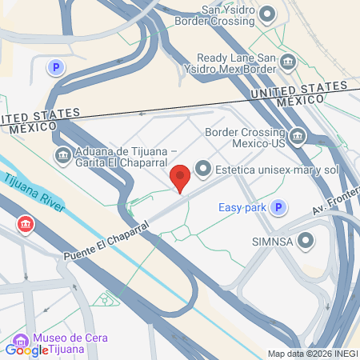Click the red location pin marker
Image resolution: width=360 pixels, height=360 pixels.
[x=181, y=176]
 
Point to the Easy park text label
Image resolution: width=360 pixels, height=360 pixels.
[x=242, y=208]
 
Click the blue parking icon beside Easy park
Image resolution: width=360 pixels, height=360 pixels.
[x=278, y=208]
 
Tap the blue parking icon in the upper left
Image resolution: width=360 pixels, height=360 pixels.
[x=56, y=68]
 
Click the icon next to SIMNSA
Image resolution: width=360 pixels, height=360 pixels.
[x=306, y=241]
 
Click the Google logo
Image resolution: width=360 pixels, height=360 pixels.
[x=27, y=350]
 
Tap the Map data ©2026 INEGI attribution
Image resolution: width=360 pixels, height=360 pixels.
[x=312, y=354]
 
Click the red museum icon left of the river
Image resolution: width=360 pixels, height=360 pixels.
[x=26, y=223]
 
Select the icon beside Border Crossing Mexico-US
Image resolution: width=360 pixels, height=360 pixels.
[x=298, y=135]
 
